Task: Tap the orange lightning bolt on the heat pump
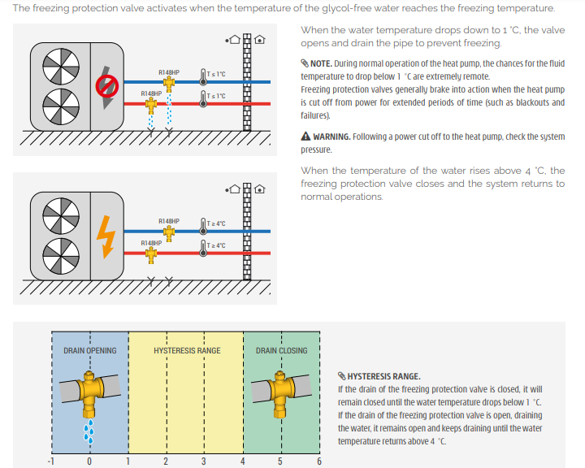coord(106,232)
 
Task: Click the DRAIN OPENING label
coord(89,351)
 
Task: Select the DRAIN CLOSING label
coord(281,351)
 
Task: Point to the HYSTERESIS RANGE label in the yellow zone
coord(187,351)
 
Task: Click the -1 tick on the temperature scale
coord(51,461)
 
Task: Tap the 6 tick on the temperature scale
coord(319,461)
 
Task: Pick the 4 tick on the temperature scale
coord(242,461)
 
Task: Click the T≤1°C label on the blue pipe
coord(216,74)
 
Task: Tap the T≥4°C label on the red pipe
coord(216,245)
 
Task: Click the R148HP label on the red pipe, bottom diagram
coord(151,243)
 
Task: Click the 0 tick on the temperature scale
coord(89,461)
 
